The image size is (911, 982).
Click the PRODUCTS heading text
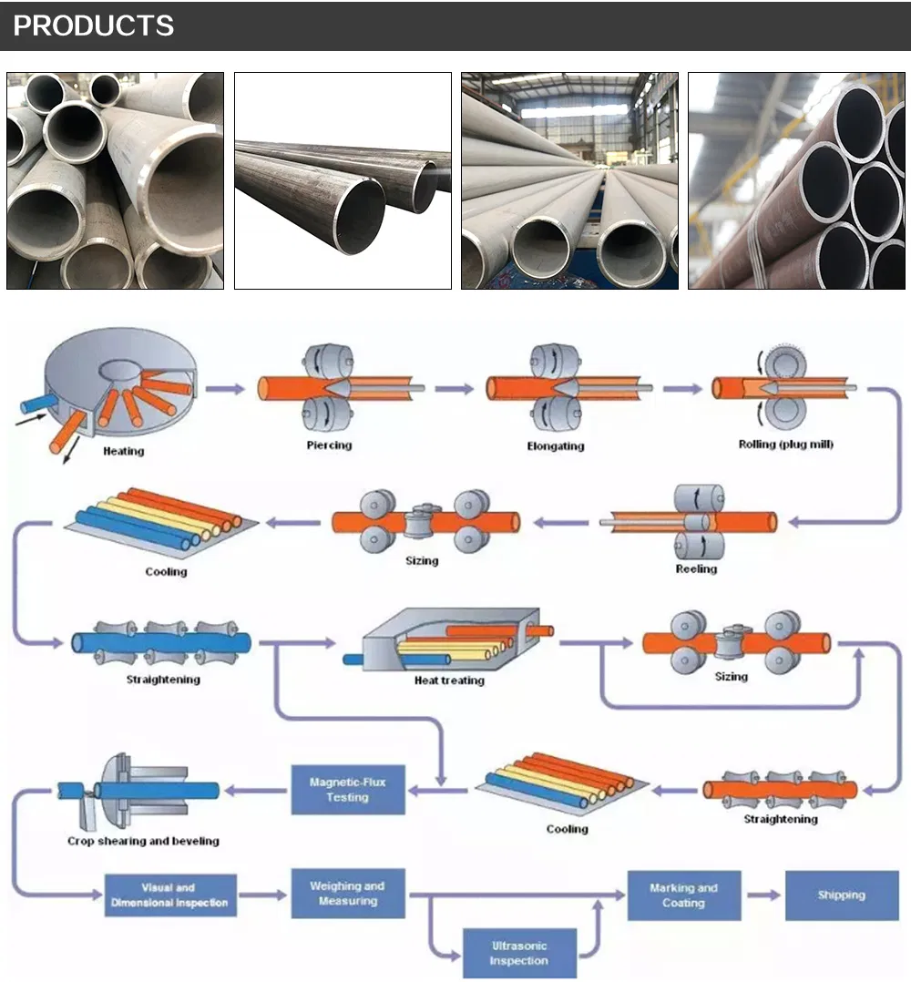tap(93, 26)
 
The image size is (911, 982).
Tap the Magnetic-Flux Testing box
tap(347, 790)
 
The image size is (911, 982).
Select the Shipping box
tap(840, 895)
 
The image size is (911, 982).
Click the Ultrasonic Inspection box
tap(518, 953)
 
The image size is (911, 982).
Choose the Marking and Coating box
tap(683, 895)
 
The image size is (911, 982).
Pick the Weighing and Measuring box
tap(347, 893)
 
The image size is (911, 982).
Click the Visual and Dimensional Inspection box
tap(170, 895)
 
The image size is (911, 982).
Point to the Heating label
tap(123, 451)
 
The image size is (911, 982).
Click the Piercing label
tap(329, 445)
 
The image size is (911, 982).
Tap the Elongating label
tap(556, 446)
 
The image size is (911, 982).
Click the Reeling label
tap(696, 568)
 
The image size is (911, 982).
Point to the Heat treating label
tap(449, 680)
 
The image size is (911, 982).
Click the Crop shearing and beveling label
tap(143, 841)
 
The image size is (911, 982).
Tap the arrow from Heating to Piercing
tap(224, 389)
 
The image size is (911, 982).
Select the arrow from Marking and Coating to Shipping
tap(763, 895)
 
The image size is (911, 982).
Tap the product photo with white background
tap(343, 180)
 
